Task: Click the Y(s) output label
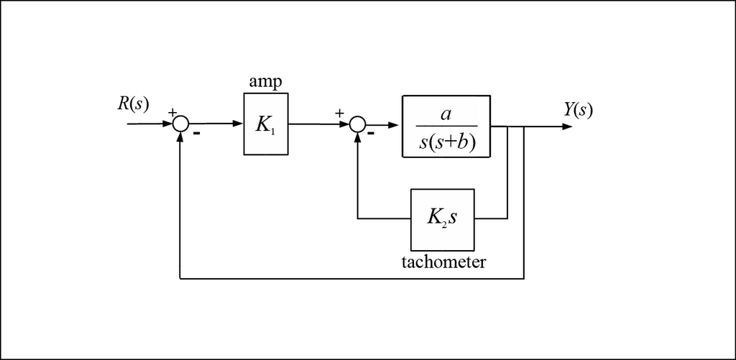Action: coord(579,110)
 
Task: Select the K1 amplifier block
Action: coord(266,124)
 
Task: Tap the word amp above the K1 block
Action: coord(265,82)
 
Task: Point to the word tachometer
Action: coord(443,262)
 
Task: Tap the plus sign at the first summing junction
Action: coord(172,112)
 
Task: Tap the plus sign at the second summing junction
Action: coord(339,112)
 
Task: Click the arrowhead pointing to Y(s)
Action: coord(567,126)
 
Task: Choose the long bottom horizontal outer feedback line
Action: coord(352,278)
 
